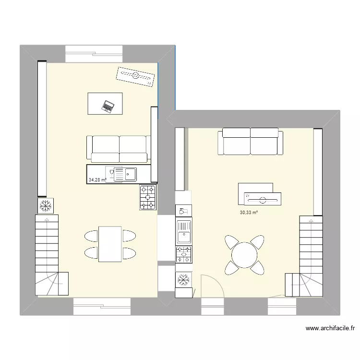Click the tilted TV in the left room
136,76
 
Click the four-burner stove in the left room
148,197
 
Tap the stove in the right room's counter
184,254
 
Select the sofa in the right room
250,142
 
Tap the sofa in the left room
119,149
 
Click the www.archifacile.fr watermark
330,329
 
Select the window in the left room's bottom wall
102,306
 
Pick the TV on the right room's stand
261,198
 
